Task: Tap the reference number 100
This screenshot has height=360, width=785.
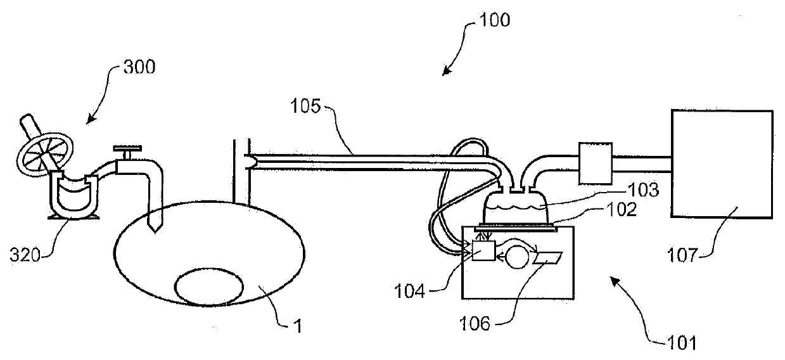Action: (x=493, y=20)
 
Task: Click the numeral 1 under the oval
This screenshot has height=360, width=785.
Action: (x=298, y=327)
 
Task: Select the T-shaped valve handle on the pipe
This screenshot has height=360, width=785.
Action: (x=125, y=152)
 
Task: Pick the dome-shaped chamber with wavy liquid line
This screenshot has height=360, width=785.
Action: (x=515, y=205)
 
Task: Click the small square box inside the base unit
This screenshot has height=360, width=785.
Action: (x=483, y=252)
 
